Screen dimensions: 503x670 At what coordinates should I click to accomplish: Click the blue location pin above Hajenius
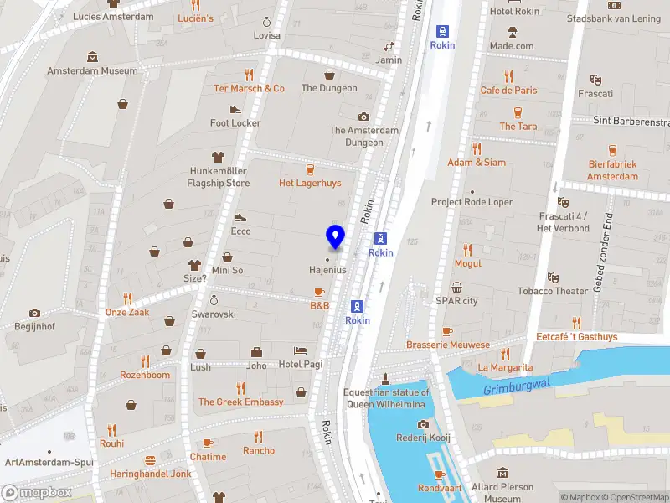coord(335,237)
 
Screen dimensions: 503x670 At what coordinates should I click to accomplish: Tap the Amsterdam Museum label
coord(92,71)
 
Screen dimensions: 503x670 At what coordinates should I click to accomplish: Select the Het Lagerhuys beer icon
coord(310,169)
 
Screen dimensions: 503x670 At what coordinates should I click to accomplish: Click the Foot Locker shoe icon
coord(235,109)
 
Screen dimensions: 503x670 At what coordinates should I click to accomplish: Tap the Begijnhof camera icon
coord(34,313)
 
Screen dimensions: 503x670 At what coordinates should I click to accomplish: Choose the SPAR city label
coord(456,301)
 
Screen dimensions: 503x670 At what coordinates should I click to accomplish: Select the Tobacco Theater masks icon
coord(552,277)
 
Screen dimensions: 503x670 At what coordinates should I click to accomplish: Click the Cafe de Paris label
coord(508,91)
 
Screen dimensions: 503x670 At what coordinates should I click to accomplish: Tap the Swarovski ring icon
coord(214,299)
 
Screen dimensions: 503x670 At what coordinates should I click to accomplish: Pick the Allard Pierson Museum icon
coord(502,474)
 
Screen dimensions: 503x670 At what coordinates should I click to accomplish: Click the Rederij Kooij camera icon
coord(423,425)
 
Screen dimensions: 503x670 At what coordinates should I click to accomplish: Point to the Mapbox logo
coord(35,493)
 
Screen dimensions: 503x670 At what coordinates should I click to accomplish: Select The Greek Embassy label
coord(240,402)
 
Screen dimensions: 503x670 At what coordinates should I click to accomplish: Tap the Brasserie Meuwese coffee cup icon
coord(447,331)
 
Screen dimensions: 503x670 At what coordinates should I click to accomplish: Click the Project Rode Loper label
coord(472,202)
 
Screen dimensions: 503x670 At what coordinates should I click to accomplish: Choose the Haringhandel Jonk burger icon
coord(151,459)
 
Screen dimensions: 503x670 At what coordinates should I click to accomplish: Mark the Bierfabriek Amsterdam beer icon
coord(612,150)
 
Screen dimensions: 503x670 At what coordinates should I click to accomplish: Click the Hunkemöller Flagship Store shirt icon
coord(219,156)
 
